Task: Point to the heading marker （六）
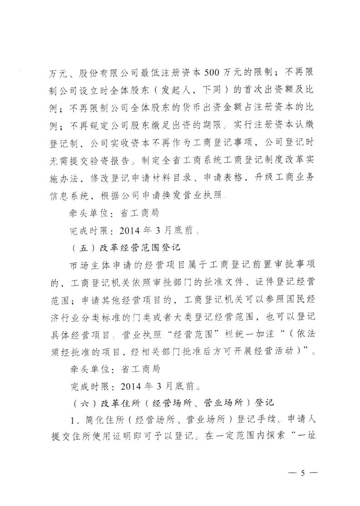75,402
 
